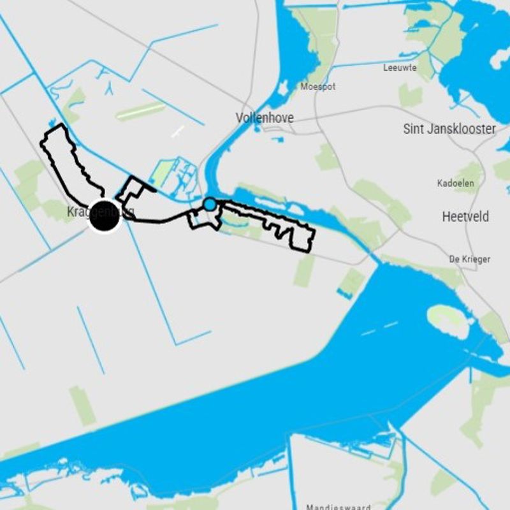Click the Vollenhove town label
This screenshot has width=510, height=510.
tap(265, 118)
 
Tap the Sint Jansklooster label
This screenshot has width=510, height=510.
tap(449, 129)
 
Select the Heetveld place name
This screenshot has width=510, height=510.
tap(465, 217)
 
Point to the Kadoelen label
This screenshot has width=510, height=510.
tap(455, 184)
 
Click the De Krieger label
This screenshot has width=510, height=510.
tap(470, 259)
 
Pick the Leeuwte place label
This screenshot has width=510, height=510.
tap(400, 68)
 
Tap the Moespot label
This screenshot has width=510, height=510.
tap(318, 87)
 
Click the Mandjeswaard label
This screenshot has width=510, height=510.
tap(338, 507)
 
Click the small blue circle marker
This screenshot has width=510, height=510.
tap(209, 205)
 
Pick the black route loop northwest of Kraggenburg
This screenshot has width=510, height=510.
tap(67, 159)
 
